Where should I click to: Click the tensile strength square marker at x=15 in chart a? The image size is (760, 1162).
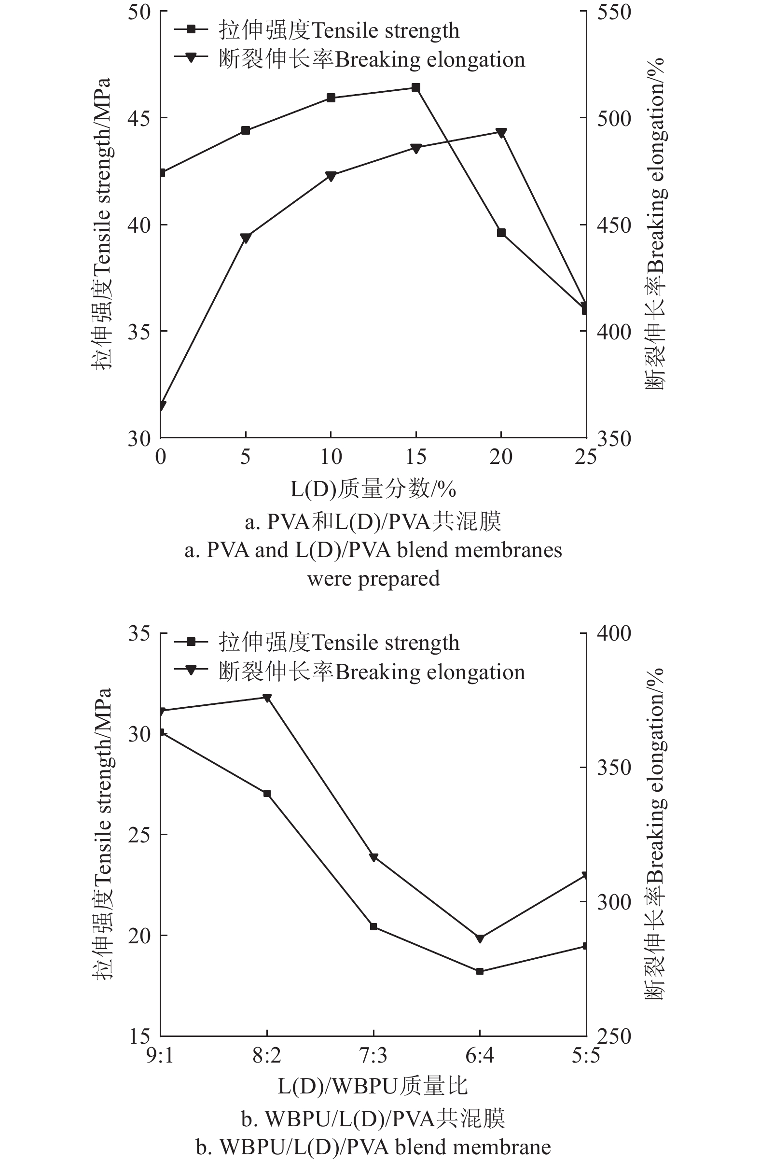[x=415, y=88]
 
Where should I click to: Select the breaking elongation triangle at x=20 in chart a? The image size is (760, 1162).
[x=501, y=132]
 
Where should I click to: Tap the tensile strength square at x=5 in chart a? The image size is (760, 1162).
[x=246, y=130]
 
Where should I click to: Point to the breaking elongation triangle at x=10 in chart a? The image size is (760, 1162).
[x=331, y=176]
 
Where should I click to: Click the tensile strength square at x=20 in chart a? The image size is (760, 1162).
[x=501, y=233]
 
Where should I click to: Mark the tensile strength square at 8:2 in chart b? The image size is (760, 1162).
[x=267, y=793]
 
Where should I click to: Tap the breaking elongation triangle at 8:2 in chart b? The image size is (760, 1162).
[x=267, y=698]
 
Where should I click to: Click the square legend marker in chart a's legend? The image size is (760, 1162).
[x=192, y=30]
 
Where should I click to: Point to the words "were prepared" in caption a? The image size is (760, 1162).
[x=373, y=579]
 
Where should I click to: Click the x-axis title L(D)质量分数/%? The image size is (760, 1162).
[x=373, y=489]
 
